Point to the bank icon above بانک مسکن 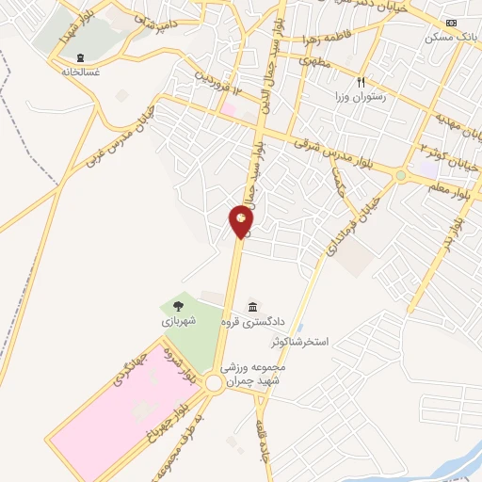452,23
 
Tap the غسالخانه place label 81,72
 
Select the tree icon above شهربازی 178,305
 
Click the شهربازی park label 178,320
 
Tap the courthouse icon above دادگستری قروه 252,308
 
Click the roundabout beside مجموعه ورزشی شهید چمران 214,383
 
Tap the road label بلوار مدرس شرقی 330,151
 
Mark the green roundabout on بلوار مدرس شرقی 401,174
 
